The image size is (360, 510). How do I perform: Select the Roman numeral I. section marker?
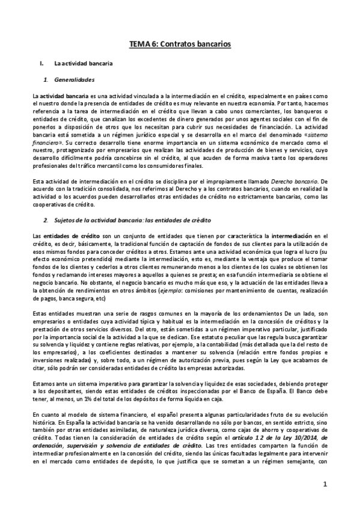pos(41,63)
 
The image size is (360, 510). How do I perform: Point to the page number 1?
pos(323,484)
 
